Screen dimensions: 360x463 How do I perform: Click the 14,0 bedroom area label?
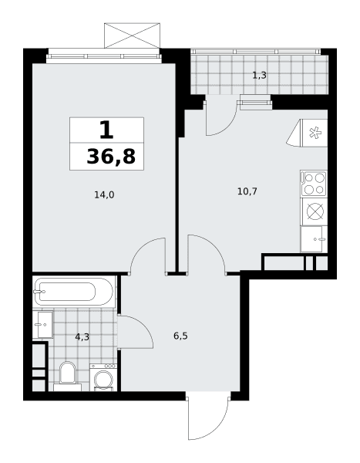tap(104, 195)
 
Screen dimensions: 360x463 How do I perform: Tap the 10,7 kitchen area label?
tap(247, 191)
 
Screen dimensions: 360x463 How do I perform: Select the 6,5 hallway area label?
tap(180, 336)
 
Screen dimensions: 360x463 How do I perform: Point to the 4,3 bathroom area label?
tap(82, 337)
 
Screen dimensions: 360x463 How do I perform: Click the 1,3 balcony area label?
tap(259, 76)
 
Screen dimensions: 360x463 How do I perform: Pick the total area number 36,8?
tap(111, 157)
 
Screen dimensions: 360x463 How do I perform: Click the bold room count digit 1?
tap(106, 130)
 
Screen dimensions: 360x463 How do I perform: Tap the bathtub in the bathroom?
tap(73, 292)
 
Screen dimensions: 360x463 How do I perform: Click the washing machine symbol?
tap(103, 377)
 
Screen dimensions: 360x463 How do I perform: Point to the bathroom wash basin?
tap(45, 325)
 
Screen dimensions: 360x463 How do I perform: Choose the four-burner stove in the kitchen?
tap(314, 184)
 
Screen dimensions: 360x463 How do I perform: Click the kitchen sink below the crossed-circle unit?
tap(314, 239)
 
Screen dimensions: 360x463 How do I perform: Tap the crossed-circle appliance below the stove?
tap(314, 211)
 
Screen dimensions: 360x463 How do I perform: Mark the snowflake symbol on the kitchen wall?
tap(315, 133)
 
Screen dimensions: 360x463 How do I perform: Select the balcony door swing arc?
tap(227, 124)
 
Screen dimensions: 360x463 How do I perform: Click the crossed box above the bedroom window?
tap(132, 35)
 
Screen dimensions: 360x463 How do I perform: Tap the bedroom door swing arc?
tap(140, 248)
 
